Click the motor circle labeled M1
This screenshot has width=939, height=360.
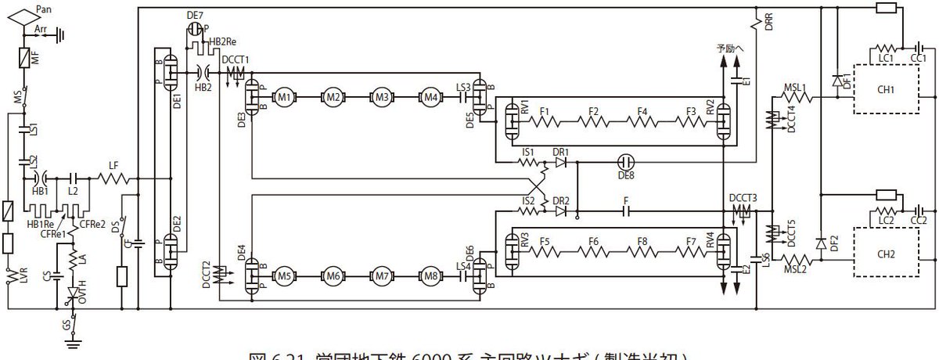pyautogui.click(x=284, y=97)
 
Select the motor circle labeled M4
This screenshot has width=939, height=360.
pyautogui.click(x=430, y=97)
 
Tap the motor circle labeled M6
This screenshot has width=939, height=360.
pyautogui.click(x=333, y=276)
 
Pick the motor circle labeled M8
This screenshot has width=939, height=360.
pyautogui.click(x=430, y=276)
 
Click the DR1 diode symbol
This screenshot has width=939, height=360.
pyautogui.click(x=559, y=163)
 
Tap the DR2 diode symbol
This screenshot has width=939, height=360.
pyautogui.click(x=559, y=211)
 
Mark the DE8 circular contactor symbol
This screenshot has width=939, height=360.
pyautogui.click(x=625, y=163)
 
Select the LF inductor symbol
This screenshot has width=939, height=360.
pyautogui.click(x=113, y=178)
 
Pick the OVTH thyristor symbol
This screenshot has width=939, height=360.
pyautogui.click(x=74, y=293)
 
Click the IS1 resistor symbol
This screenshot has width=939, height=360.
pyautogui.click(x=529, y=163)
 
